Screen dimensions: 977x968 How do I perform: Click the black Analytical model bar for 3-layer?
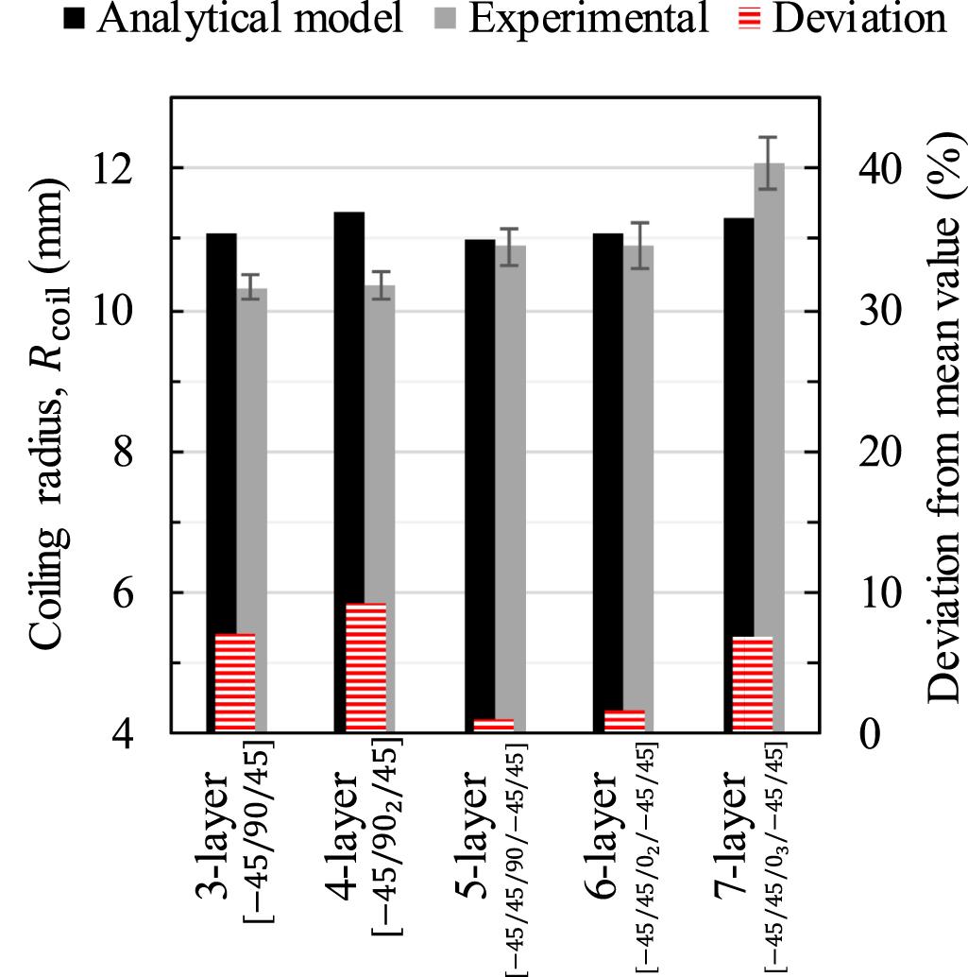(221, 425)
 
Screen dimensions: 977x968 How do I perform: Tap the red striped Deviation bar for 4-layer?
(366, 667)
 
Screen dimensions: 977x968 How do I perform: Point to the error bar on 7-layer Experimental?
(769, 163)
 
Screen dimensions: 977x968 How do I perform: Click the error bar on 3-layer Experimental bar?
(251, 286)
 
